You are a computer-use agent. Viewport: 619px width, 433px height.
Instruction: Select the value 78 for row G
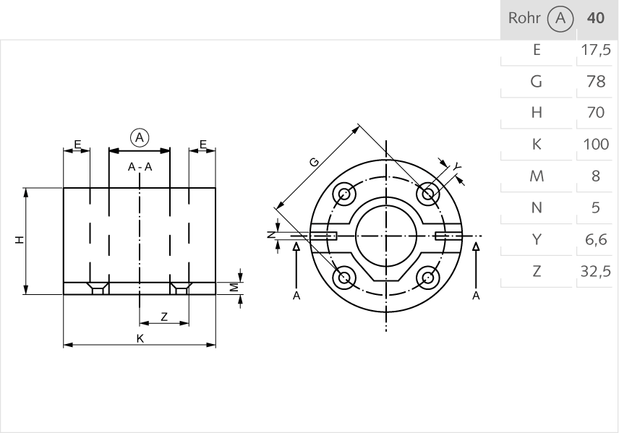pyautogui.click(x=597, y=82)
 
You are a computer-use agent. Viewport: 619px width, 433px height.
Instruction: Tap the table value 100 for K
pyautogui.click(x=597, y=145)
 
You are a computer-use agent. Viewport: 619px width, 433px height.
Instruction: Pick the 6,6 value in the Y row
pyautogui.click(x=597, y=240)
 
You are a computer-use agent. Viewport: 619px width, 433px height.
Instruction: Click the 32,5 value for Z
pyautogui.click(x=597, y=272)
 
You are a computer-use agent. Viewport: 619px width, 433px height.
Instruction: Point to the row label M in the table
pyautogui.click(x=537, y=176)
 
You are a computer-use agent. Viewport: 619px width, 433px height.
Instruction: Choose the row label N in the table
pyautogui.click(x=537, y=208)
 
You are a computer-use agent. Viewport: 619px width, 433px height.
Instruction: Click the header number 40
pyautogui.click(x=597, y=18)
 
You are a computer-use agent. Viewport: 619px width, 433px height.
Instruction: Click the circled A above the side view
pyautogui.click(x=140, y=137)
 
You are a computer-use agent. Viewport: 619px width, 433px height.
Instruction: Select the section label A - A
pyautogui.click(x=140, y=167)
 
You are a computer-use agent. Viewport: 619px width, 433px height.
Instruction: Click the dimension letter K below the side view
pyautogui.click(x=140, y=339)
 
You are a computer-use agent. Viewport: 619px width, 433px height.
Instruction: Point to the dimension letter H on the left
pyautogui.click(x=20, y=240)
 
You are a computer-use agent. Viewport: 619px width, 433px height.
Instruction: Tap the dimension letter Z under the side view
pyautogui.click(x=164, y=316)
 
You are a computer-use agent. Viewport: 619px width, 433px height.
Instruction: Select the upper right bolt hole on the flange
pyautogui.click(x=429, y=194)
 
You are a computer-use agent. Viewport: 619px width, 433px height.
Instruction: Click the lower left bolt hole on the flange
pyautogui.click(x=344, y=278)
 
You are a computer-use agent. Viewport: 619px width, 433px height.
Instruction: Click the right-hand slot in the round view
pyautogui.click(x=448, y=236)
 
